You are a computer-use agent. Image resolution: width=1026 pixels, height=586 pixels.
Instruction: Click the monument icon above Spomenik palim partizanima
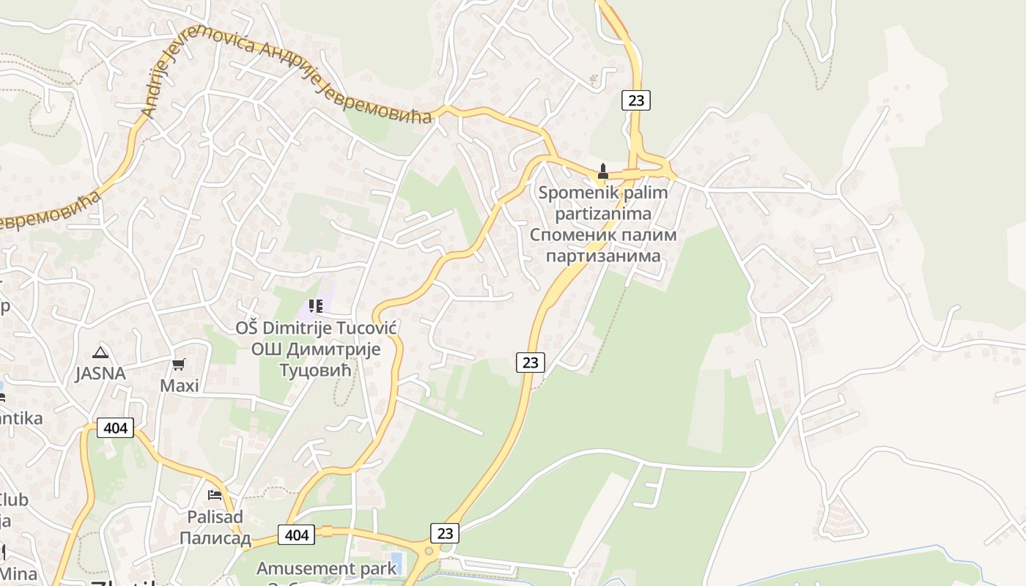(x=603, y=171)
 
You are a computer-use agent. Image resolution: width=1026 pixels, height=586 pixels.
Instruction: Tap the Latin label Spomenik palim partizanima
(x=603, y=203)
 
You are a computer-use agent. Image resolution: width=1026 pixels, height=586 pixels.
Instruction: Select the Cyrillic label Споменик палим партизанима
(x=603, y=245)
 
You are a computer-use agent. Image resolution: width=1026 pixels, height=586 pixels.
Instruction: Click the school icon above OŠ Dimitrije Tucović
(x=316, y=306)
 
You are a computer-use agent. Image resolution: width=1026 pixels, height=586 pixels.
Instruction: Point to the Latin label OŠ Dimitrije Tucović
(x=316, y=327)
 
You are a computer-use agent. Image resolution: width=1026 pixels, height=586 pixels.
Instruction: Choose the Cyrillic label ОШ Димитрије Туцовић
(x=316, y=360)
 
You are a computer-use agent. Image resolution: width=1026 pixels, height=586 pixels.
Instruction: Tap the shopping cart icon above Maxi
(x=179, y=364)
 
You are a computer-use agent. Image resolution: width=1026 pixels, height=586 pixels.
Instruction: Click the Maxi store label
(x=180, y=385)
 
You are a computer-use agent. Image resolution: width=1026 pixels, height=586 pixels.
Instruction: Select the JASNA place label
(x=100, y=374)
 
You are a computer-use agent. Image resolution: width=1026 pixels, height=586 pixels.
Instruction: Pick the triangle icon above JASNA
(x=100, y=352)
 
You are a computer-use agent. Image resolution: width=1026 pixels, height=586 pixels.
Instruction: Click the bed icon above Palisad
(x=215, y=495)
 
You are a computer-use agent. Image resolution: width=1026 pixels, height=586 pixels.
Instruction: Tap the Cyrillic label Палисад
(x=215, y=538)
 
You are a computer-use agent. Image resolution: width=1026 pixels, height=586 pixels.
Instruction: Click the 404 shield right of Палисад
(x=297, y=535)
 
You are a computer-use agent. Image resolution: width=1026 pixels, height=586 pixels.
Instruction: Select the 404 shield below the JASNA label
(x=116, y=428)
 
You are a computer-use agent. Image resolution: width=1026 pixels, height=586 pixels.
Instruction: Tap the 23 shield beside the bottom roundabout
(x=445, y=533)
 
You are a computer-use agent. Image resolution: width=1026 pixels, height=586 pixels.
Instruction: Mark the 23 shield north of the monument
(x=636, y=100)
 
